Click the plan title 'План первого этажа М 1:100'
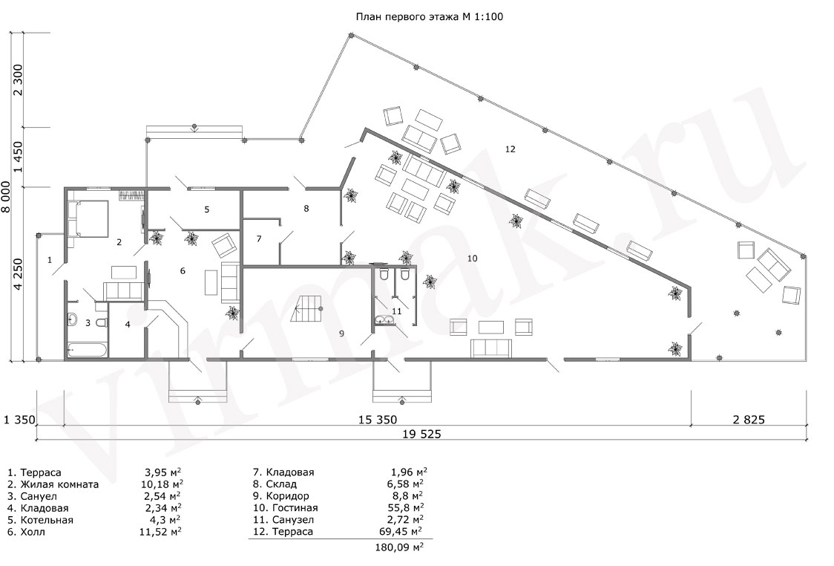click(429, 16)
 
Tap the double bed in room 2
click(88, 218)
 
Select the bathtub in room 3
click(88, 351)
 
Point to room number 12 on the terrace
click(510, 149)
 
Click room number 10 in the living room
click(473, 258)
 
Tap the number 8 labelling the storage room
click(306, 209)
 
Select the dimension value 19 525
click(421, 434)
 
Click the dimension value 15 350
click(378, 420)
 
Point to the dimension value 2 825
click(749, 420)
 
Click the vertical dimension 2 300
click(19, 79)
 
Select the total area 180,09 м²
click(399, 547)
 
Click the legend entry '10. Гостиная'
click(286, 508)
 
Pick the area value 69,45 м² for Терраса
click(398, 531)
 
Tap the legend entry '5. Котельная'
click(40, 520)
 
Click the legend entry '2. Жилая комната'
click(53, 484)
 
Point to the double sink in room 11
click(384, 319)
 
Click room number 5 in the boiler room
click(207, 209)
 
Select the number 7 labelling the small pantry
click(259, 238)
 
